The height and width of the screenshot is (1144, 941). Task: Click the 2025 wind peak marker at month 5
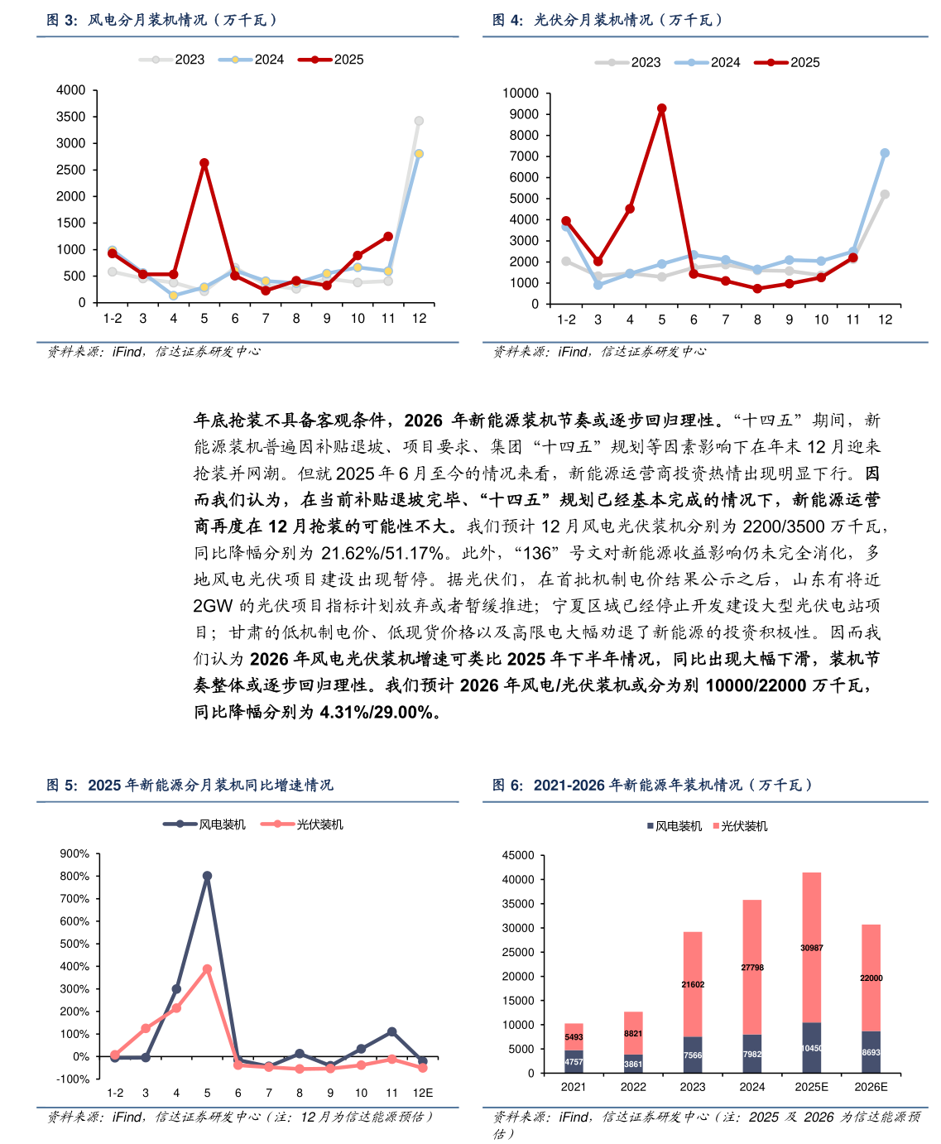(x=204, y=163)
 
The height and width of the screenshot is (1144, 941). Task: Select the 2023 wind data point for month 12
(x=419, y=121)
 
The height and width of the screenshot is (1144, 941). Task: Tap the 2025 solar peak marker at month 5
(x=662, y=108)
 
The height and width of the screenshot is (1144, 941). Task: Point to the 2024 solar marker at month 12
(x=885, y=153)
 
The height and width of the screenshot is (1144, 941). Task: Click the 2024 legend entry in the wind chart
(x=252, y=60)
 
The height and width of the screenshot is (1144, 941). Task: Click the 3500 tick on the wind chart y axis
(x=70, y=117)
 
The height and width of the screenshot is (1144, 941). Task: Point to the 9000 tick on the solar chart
(x=522, y=114)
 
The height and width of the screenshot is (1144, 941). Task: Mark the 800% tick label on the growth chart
(x=74, y=876)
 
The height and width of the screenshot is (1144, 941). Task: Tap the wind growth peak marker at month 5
(x=207, y=876)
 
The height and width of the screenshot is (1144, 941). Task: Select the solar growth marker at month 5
(x=207, y=969)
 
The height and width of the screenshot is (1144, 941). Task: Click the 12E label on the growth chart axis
(x=423, y=1093)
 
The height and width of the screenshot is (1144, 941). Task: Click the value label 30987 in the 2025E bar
(x=812, y=948)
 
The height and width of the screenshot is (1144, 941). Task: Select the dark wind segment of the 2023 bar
(x=693, y=1055)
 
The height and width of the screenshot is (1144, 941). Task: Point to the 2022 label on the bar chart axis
(x=633, y=1087)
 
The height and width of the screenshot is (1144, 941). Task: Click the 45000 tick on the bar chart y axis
(x=519, y=855)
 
